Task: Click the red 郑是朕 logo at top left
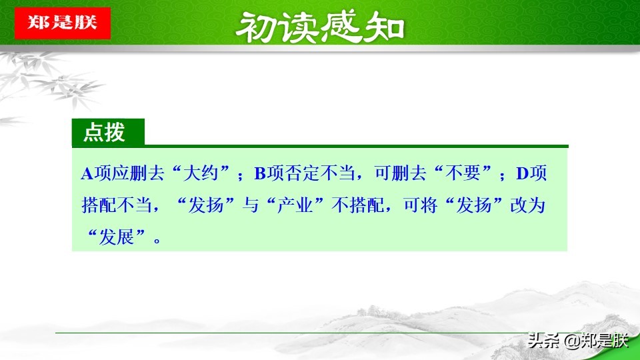click(x=62, y=23)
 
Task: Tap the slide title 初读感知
click(x=321, y=27)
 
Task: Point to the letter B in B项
click(x=260, y=174)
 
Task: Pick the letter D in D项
click(x=522, y=174)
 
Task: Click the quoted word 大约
click(x=204, y=174)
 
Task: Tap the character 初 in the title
click(x=257, y=27)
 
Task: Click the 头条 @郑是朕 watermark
click(x=577, y=341)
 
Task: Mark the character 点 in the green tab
click(x=93, y=133)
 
